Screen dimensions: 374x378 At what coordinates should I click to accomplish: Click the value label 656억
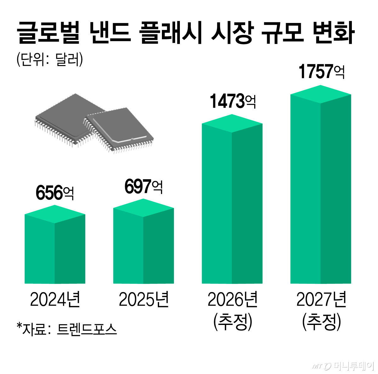tap(55, 193)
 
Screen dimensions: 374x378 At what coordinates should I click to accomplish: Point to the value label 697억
tap(143, 186)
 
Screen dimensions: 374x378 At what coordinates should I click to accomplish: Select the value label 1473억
tap(232, 101)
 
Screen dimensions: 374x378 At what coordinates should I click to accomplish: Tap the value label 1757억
tap(321, 71)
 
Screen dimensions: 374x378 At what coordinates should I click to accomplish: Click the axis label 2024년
tap(55, 299)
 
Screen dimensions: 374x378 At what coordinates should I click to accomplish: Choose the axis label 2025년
tap(144, 299)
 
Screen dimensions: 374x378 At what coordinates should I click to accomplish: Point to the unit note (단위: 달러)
tap(49, 59)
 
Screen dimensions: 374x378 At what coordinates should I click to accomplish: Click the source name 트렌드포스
tap(87, 329)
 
